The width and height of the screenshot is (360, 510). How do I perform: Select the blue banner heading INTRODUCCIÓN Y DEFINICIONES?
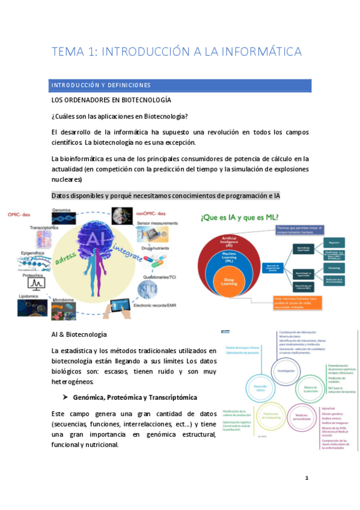tap(101, 85)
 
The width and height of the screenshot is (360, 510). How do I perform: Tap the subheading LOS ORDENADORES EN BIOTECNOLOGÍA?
tap(111, 100)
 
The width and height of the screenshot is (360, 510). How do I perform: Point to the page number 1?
tap(306, 478)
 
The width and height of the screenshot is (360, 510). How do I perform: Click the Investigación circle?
tap(287, 371)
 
